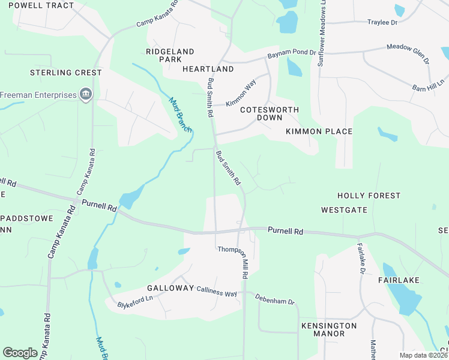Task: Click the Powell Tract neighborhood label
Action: (41, 5)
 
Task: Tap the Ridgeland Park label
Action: (170, 55)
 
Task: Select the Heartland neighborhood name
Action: (208, 69)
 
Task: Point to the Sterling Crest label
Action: (66, 73)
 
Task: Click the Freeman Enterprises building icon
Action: (86, 94)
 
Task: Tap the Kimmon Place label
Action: (319, 131)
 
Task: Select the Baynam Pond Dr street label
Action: (291, 54)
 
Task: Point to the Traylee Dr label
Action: (382, 22)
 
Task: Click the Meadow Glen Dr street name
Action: (408, 52)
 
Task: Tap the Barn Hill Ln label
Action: (428, 85)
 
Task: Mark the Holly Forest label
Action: (369, 196)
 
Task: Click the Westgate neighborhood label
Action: (344, 210)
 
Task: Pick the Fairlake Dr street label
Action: (361, 259)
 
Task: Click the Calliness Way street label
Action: (217, 291)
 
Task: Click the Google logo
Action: (20, 353)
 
